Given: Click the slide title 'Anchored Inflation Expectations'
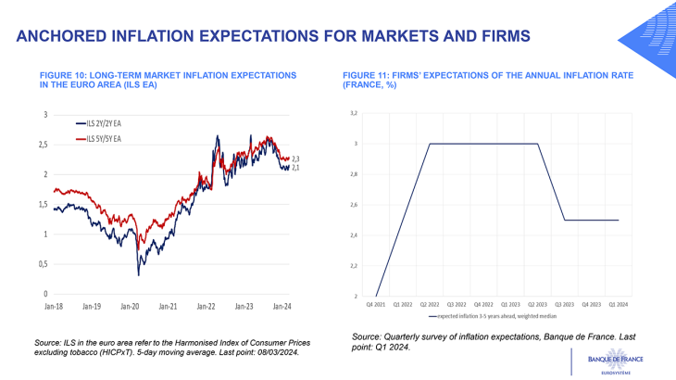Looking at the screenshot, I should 273,36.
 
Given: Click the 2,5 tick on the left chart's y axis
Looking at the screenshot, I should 42,145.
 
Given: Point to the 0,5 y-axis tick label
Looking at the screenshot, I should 42,264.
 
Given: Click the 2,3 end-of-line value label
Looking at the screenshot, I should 295,159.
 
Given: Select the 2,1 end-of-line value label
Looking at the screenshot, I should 295,168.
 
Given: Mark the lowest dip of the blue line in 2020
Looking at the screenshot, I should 138,274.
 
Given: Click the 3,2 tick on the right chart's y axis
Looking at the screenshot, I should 352,113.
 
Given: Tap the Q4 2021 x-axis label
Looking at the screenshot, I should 376,303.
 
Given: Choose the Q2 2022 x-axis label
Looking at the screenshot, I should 430,303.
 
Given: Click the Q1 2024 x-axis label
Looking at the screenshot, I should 618,303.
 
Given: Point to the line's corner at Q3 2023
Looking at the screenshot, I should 565,221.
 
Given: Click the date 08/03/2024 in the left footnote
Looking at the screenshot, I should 270,351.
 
